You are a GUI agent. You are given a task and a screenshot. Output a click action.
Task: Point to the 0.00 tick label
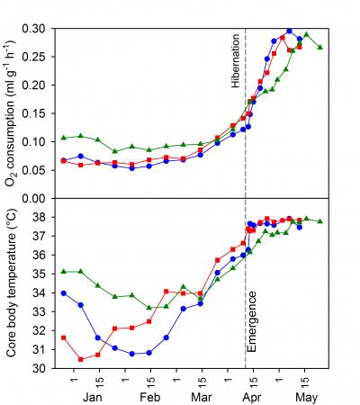click(37, 198)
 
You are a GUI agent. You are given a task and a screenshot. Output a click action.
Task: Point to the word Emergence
click(253, 320)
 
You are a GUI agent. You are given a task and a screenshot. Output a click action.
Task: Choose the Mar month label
click(201, 397)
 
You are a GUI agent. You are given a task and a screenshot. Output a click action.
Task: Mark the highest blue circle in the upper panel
click(289, 31)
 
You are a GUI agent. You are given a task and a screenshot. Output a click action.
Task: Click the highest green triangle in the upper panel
click(306, 34)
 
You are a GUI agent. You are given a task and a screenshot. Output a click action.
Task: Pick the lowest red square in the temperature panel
click(81, 359)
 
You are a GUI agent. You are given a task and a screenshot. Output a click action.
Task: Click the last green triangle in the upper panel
click(321, 47)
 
